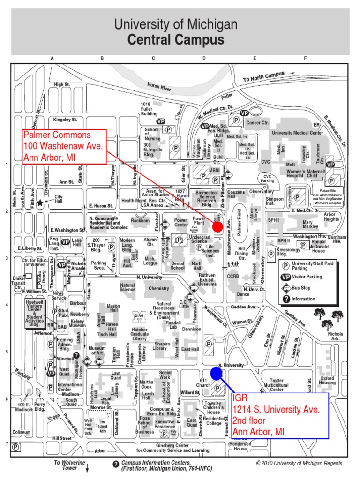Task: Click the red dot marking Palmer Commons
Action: click(217, 227)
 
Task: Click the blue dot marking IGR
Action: click(216, 373)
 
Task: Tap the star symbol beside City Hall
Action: click(41, 202)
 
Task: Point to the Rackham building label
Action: click(140, 220)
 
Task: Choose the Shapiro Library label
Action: click(162, 345)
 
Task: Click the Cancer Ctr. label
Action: click(258, 122)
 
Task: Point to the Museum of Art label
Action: click(97, 351)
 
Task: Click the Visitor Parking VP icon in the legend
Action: click(285, 277)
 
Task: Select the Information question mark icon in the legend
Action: click(285, 299)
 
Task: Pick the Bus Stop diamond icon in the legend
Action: click(285, 287)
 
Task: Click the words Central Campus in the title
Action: click(176, 40)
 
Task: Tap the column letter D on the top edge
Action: click(204, 59)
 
